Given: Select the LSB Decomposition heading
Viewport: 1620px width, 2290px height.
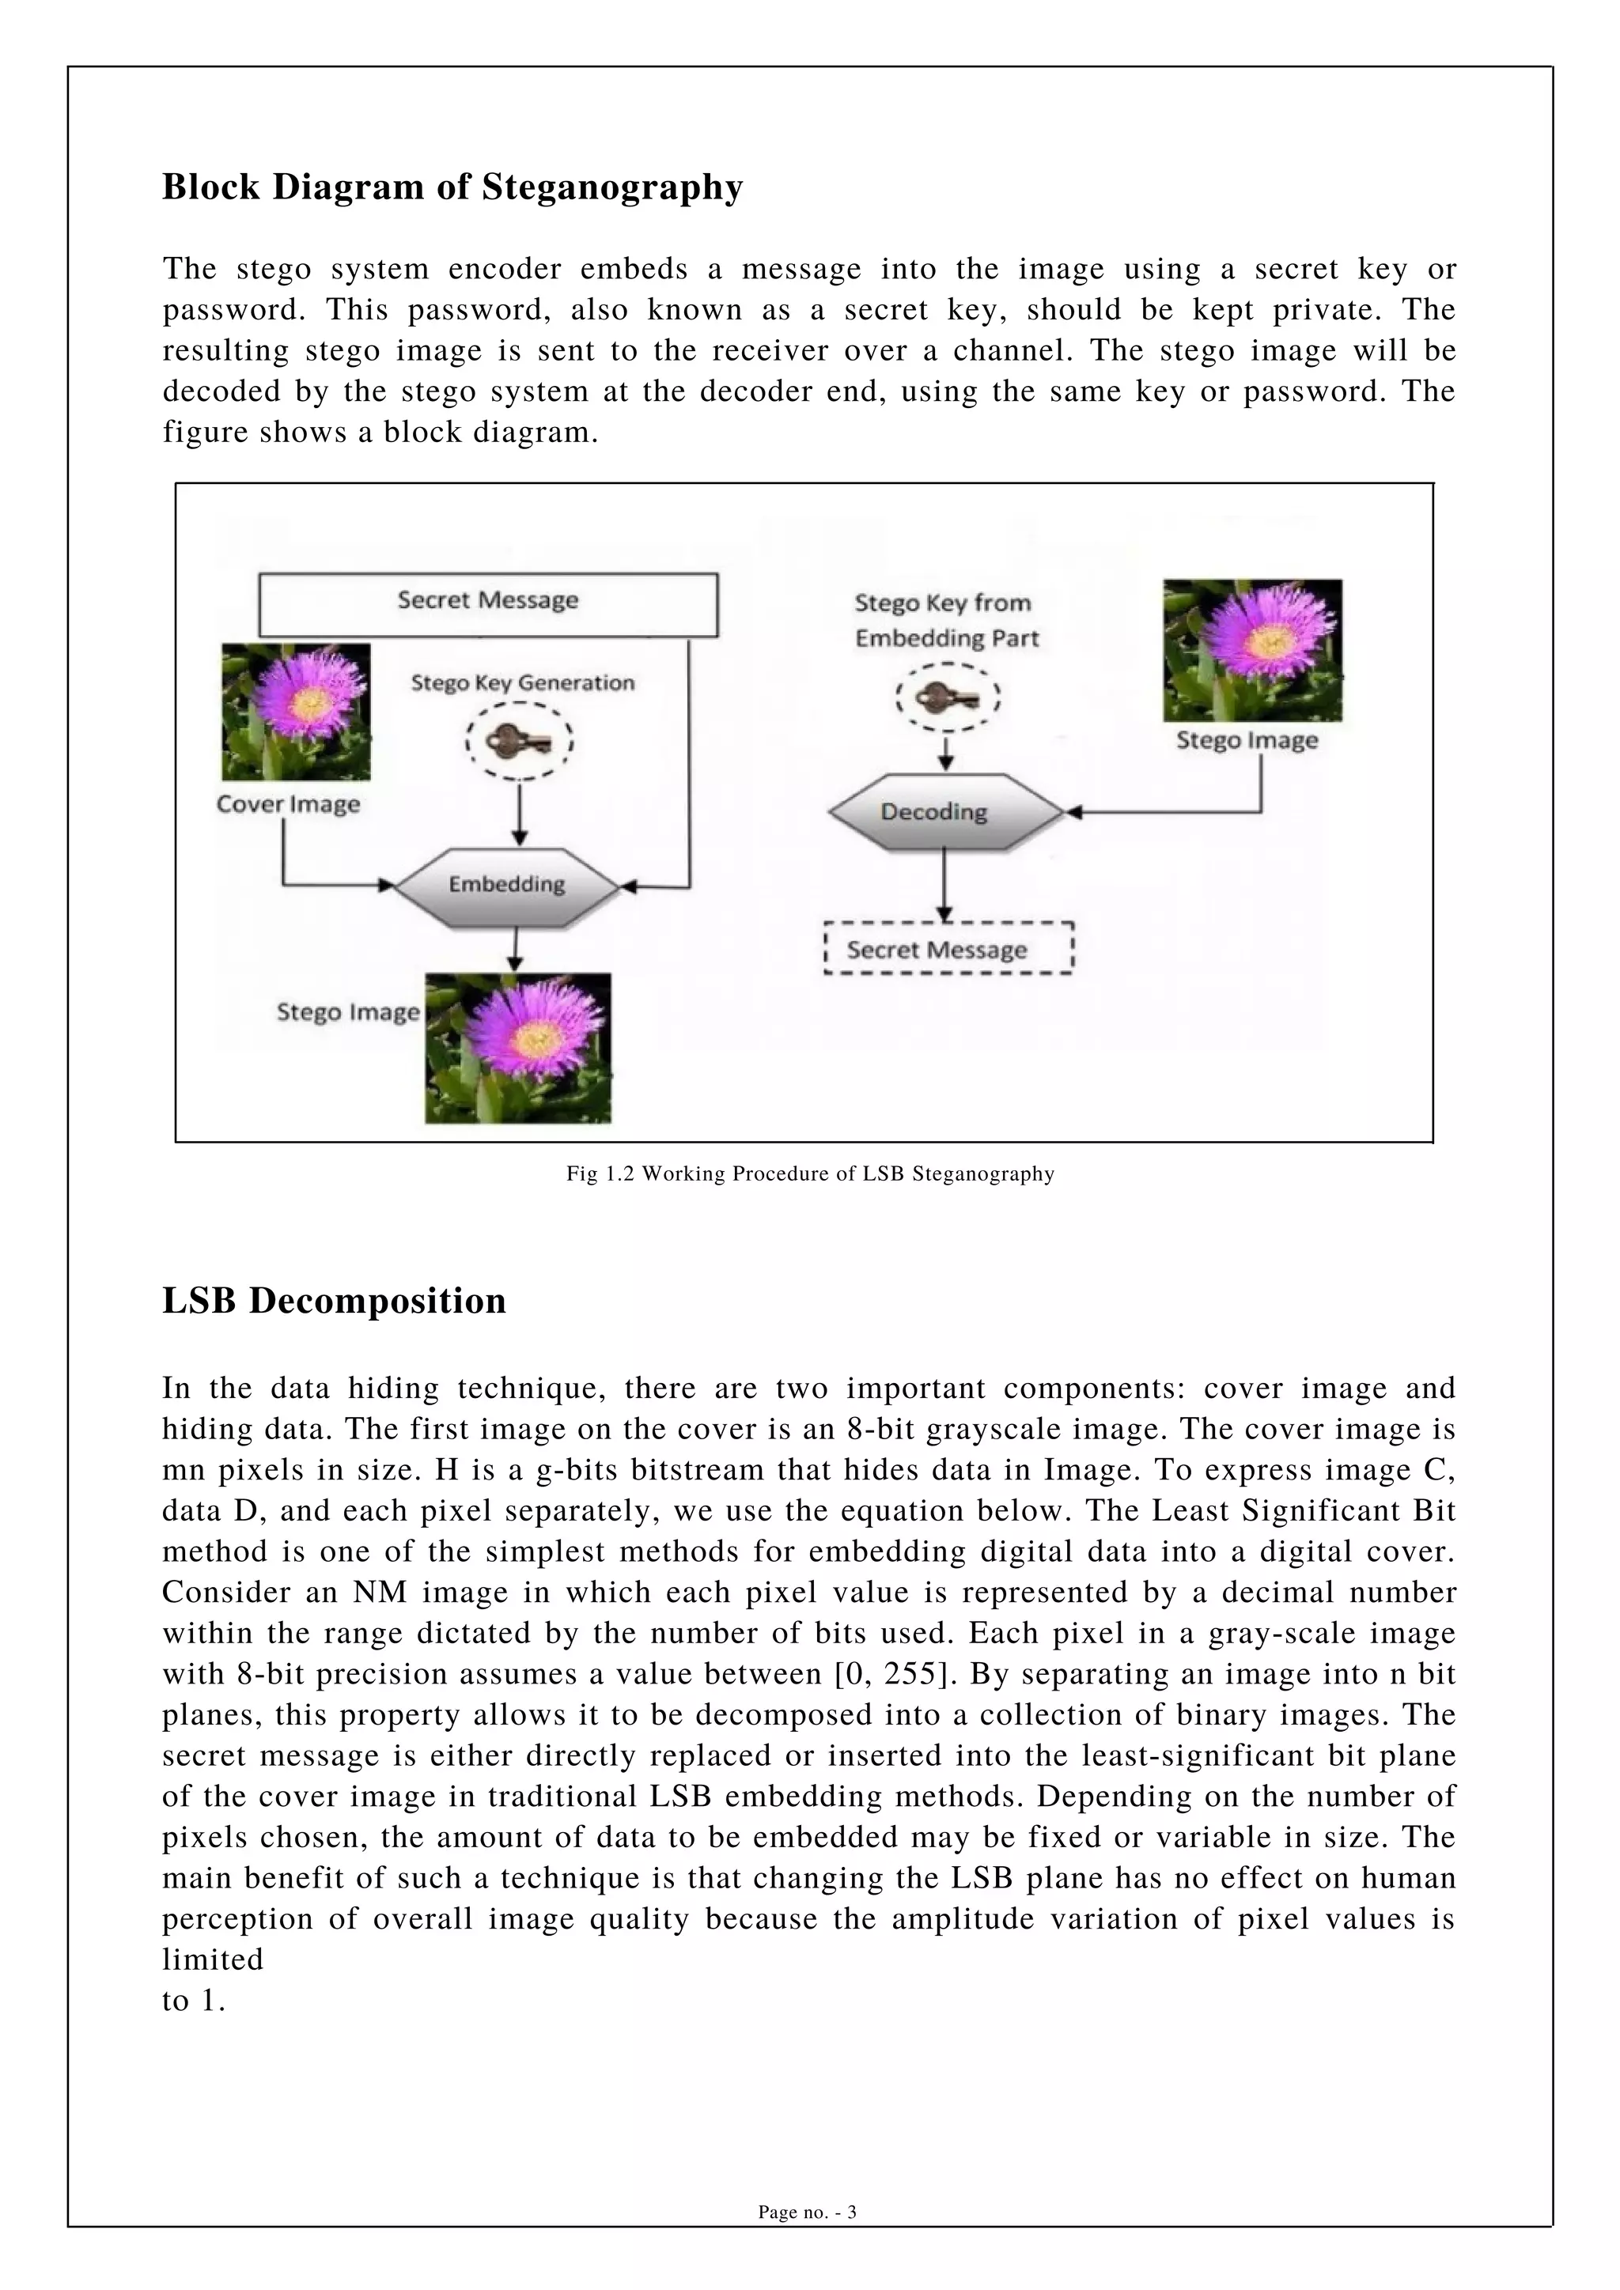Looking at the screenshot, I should (334, 1301).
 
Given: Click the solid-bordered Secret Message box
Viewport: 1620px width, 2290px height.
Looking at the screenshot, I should (488, 603).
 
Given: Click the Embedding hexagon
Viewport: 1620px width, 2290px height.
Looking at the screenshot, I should (507, 885).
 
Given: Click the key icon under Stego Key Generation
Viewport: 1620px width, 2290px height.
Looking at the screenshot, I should (519, 742).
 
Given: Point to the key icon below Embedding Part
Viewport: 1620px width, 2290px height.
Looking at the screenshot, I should (947, 697).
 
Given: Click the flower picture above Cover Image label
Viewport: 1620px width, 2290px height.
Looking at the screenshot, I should (297, 711).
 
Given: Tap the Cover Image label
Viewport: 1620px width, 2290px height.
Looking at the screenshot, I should (288, 804).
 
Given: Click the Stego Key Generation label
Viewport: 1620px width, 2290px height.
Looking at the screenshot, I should (523, 683).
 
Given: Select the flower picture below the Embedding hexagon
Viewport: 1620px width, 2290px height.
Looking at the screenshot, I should (518, 1049).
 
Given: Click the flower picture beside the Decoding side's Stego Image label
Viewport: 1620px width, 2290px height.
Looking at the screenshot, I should (1252, 649).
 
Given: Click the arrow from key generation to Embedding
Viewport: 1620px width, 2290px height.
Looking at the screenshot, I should (519, 814).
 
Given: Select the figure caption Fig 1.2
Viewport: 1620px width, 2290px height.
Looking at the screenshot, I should (810, 1174).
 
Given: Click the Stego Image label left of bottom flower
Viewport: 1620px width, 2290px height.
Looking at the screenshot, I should (347, 1012).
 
